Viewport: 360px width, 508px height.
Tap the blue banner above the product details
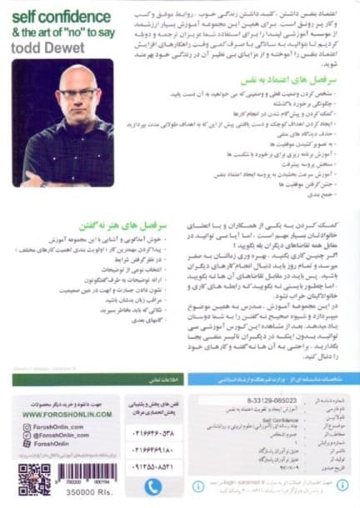tap(272, 379)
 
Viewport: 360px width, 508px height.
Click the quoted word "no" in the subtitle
tap(76, 32)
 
